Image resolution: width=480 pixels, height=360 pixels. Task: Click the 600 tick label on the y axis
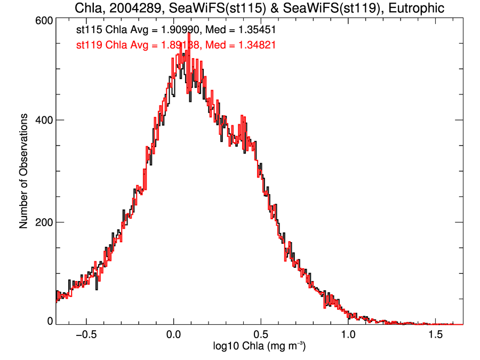pyautogui.click(x=43, y=20)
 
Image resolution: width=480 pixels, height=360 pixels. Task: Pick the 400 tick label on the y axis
pyautogui.click(x=43, y=121)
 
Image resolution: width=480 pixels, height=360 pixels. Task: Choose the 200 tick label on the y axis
pyautogui.click(x=43, y=222)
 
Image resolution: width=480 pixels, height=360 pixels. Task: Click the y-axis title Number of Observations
pyautogui.click(x=24, y=172)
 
